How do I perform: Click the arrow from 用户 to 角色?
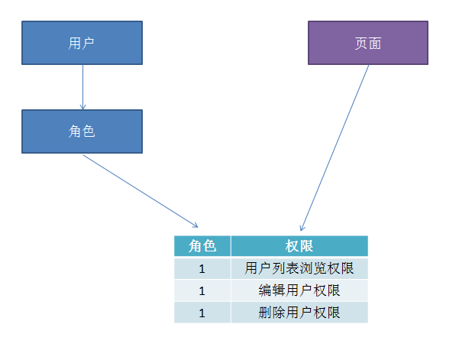pyautogui.click(x=82, y=86)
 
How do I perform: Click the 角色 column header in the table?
pyautogui.click(x=202, y=246)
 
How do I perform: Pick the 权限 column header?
pyautogui.click(x=299, y=246)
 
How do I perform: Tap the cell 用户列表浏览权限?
pyautogui.click(x=299, y=269)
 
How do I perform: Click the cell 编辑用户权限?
pyautogui.click(x=299, y=291)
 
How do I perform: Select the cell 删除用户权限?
pyautogui.click(x=299, y=313)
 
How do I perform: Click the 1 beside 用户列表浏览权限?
pyautogui.click(x=202, y=269)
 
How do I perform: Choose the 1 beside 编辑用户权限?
pyautogui.click(x=202, y=291)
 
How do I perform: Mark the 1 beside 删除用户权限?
pyautogui.click(x=202, y=313)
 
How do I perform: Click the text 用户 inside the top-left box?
pyautogui.click(x=82, y=44)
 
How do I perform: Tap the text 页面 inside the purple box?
pyautogui.click(x=367, y=44)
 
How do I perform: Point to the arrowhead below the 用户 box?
pyautogui.click(x=82, y=106)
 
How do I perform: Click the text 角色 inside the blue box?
pyautogui.click(x=82, y=131)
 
